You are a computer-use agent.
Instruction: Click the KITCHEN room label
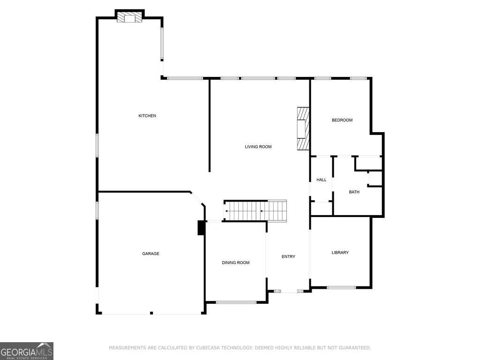(x=147, y=116)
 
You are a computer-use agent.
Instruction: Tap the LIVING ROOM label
(x=258, y=147)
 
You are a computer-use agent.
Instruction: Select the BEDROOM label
(x=342, y=120)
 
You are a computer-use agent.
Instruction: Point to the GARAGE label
(x=151, y=254)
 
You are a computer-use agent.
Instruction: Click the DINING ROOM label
(x=236, y=262)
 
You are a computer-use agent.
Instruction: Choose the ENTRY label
(x=288, y=256)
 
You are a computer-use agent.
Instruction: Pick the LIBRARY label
(x=340, y=253)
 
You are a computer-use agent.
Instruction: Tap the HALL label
(x=322, y=180)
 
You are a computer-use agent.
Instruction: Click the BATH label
(x=354, y=192)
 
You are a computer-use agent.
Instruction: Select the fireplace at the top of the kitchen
(x=130, y=17)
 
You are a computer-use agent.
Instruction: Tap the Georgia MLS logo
(x=27, y=351)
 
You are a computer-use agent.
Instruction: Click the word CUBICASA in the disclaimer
(x=209, y=348)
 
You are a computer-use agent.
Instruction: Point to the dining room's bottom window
(x=236, y=302)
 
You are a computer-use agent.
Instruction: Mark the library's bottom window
(x=341, y=287)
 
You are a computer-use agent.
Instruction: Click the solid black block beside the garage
(x=201, y=227)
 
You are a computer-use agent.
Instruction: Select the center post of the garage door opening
(x=151, y=313)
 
